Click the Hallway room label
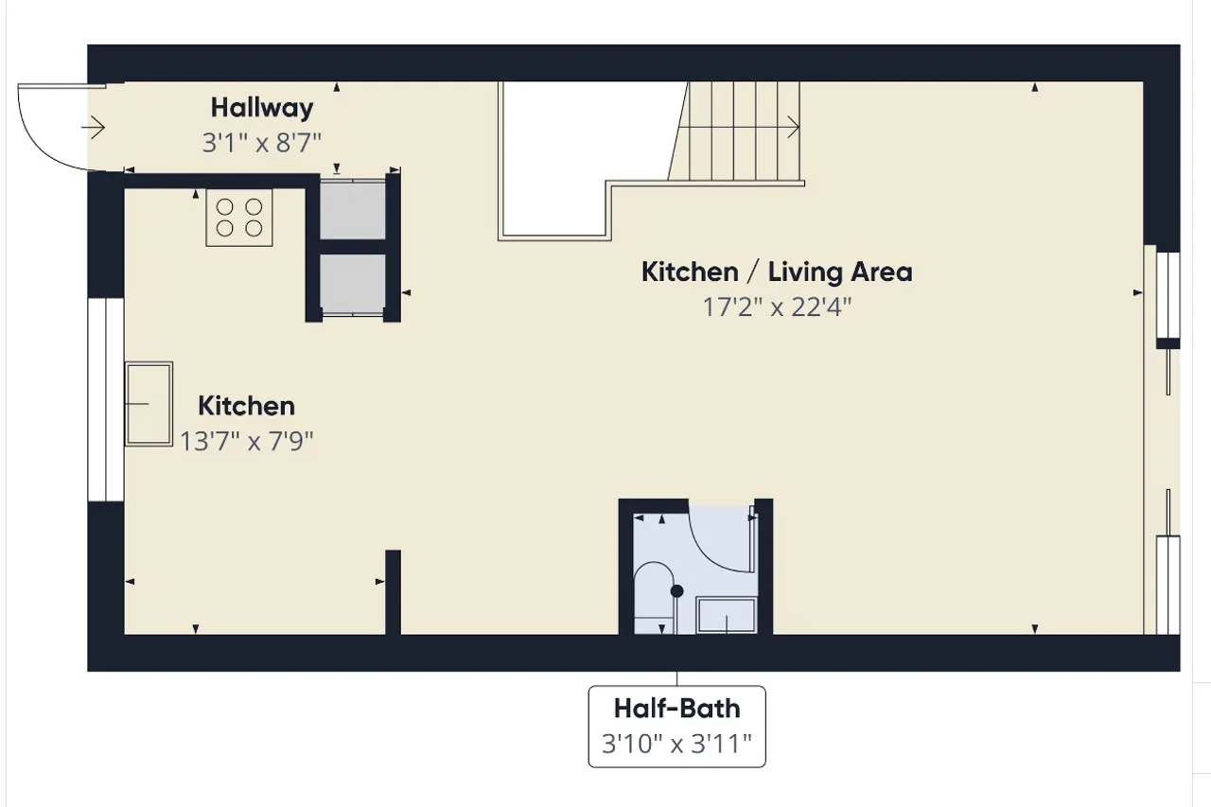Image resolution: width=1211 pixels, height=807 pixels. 262,108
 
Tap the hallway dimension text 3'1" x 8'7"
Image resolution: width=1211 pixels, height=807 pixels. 262,143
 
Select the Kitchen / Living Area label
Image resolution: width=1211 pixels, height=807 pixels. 777,272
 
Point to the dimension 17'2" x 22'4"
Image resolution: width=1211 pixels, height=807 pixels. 777,307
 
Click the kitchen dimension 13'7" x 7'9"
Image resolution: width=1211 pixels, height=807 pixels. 247,441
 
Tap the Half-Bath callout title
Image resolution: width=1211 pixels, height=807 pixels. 676,709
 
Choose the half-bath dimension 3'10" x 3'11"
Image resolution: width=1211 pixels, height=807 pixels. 676,744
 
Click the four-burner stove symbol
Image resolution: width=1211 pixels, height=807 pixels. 239,218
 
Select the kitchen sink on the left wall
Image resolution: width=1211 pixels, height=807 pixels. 149,404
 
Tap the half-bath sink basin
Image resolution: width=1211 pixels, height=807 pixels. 726,615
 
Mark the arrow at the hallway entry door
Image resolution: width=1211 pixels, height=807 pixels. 93,128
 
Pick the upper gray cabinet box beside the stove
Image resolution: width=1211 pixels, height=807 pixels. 353,210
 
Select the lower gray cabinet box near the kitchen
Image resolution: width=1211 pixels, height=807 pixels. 353,284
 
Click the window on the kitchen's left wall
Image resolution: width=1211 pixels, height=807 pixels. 106,399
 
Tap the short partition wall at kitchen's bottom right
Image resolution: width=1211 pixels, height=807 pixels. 393,592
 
